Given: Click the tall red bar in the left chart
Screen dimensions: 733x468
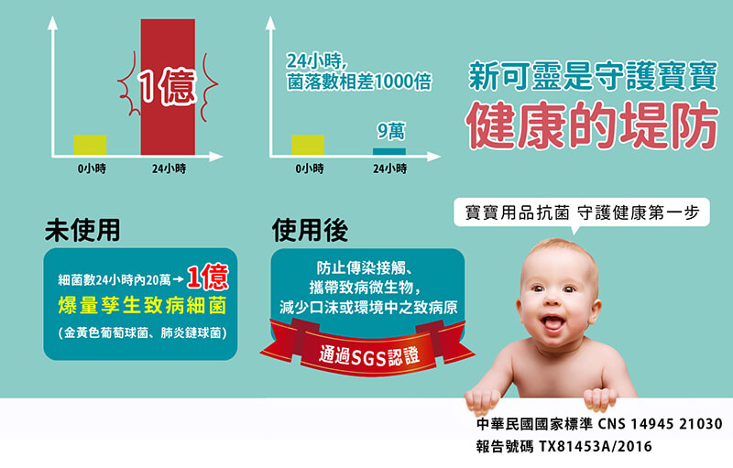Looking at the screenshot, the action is click(x=168, y=87).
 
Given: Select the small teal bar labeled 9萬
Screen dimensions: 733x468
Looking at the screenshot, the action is click(x=388, y=151).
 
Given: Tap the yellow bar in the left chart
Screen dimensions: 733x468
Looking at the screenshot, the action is click(x=90, y=145).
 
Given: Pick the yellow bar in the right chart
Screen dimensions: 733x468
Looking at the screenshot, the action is click(x=308, y=145).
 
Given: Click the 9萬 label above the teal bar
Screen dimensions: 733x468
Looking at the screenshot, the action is click(x=391, y=131).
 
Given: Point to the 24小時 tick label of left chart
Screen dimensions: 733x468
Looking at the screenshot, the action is click(x=169, y=169).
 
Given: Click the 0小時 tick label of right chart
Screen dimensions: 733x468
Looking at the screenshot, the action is click(x=310, y=169).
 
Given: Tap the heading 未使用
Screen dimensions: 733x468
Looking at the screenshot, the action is click(x=82, y=230).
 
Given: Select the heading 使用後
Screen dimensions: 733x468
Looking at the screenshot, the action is click(x=310, y=230).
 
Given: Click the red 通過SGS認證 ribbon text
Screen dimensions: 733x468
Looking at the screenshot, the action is click(x=369, y=357).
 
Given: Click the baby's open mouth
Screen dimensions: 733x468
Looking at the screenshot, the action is click(x=552, y=322).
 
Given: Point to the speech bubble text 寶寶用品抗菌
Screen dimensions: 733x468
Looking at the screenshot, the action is click(x=517, y=213).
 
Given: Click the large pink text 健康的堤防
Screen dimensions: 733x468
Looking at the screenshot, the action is click(x=592, y=125).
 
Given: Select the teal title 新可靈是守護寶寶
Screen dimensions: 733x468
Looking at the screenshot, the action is click(x=593, y=76).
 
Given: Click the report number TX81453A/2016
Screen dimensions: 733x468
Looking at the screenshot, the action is click(x=595, y=447).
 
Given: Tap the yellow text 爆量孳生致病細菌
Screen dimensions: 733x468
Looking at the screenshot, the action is click(x=143, y=306).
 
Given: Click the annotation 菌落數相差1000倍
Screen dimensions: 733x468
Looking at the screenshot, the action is click(x=359, y=82).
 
